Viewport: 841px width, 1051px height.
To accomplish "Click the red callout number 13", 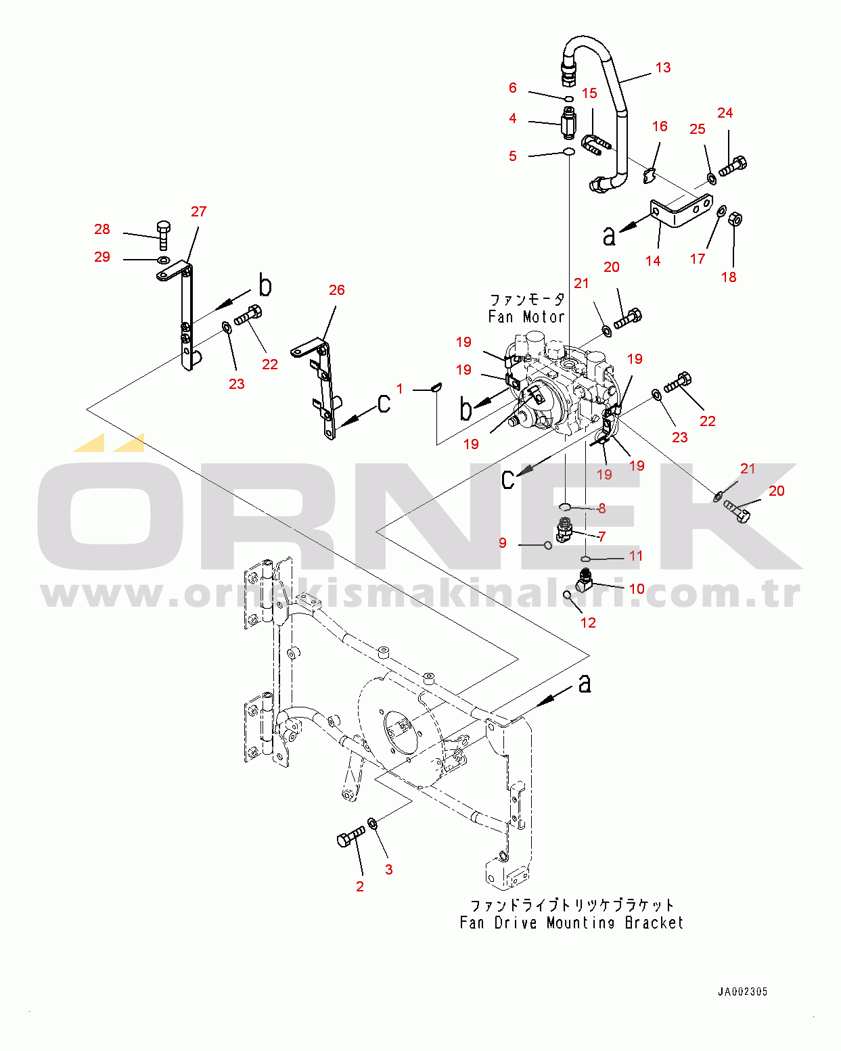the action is [x=662, y=68].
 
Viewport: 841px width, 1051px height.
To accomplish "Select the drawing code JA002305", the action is [x=742, y=992].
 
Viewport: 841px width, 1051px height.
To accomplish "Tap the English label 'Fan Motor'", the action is [x=526, y=317].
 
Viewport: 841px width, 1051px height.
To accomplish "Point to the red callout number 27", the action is [x=198, y=212].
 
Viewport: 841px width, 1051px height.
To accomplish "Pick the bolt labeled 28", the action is [x=164, y=235].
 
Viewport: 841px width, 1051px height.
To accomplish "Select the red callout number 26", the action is [x=337, y=290].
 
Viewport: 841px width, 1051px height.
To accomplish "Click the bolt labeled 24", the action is [x=733, y=166].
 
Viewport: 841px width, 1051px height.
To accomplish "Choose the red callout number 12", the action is [x=588, y=623].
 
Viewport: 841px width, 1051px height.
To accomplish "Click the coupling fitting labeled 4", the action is [x=569, y=122].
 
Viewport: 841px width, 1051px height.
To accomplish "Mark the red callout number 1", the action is [x=400, y=389].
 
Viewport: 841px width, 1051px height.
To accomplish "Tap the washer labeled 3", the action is [x=372, y=824].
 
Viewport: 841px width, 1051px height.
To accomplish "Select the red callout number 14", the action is [x=653, y=261].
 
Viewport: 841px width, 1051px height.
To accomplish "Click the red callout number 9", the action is [x=503, y=543].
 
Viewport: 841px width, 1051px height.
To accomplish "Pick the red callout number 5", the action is [x=513, y=156].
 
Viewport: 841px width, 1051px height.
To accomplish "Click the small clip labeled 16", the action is [x=650, y=176].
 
